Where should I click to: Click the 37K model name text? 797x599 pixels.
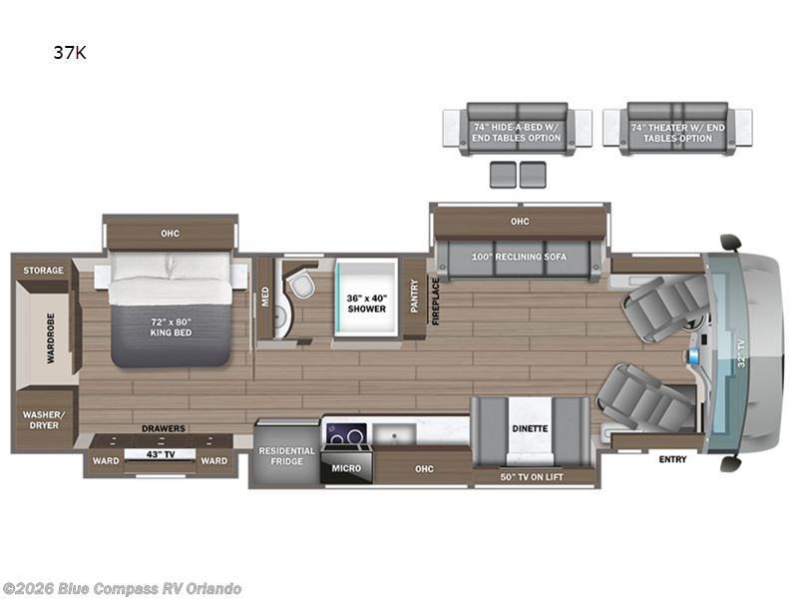(70, 54)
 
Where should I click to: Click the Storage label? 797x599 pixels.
(44, 271)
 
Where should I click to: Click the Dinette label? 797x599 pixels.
(530, 428)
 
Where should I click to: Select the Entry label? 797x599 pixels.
(672, 459)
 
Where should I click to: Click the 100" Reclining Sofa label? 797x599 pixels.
(521, 257)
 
